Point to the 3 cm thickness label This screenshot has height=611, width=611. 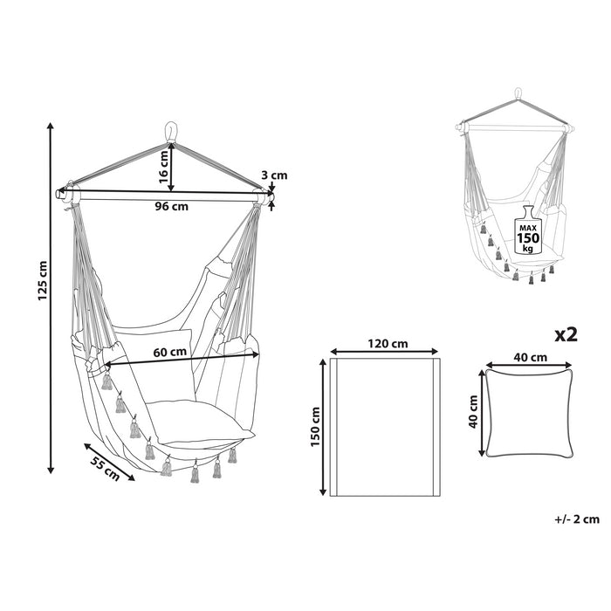click(275, 175)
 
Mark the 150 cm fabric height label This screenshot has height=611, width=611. click(317, 425)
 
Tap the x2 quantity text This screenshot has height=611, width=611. click(566, 334)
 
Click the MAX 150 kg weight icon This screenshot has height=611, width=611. click(527, 230)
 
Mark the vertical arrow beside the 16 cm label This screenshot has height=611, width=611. click(172, 168)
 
